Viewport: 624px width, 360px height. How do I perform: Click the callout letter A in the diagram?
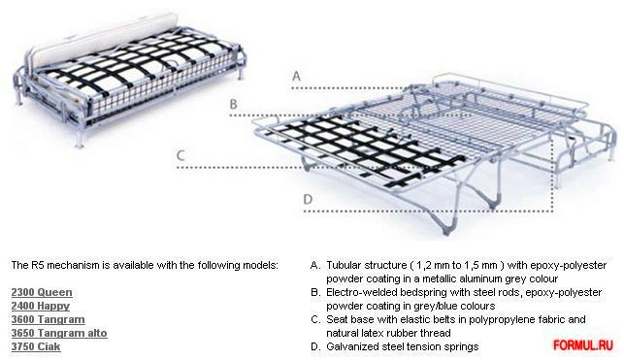(x=296, y=76)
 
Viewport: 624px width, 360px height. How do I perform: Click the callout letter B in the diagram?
(x=234, y=104)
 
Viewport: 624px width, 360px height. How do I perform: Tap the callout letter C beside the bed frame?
(x=181, y=155)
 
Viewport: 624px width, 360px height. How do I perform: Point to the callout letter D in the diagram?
(x=308, y=199)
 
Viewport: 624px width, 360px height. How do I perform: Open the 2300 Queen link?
(x=42, y=292)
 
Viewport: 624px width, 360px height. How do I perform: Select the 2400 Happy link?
(x=40, y=306)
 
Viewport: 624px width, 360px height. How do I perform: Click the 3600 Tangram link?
(x=48, y=319)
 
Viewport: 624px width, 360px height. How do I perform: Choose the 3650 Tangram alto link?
(x=59, y=333)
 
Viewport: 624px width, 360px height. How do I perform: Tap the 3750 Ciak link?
(x=36, y=346)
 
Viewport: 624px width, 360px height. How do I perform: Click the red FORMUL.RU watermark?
(x=583, y=344)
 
